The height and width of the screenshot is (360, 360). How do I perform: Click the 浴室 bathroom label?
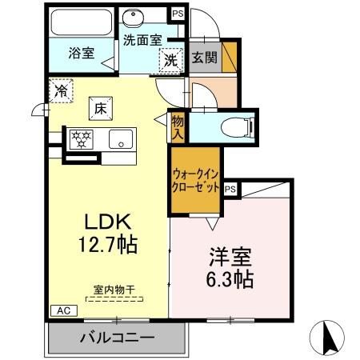(81, 54)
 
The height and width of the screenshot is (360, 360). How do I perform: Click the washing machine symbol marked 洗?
(170, 59)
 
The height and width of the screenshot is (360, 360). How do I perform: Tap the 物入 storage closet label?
(178, 126)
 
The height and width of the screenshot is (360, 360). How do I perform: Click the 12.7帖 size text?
(110, 244)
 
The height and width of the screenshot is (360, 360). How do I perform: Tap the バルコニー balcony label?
(117, 338)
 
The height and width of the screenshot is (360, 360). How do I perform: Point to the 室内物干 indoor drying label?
(112, 289)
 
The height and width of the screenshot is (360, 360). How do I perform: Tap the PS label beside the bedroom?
(230, 189)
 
